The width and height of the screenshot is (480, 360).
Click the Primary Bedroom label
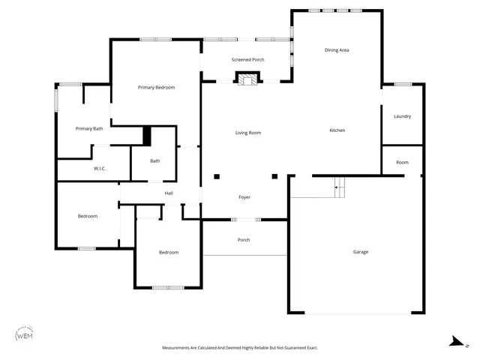156,88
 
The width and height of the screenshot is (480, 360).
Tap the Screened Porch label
247,59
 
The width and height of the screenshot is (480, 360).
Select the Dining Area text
337,50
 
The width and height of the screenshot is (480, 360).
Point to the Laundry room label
402,116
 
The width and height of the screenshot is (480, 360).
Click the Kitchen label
337,130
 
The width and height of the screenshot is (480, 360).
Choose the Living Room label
248,133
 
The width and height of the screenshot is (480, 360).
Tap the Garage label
361,252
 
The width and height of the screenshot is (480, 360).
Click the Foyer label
244,197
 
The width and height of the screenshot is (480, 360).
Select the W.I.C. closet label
100,169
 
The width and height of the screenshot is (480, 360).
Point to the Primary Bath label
89,129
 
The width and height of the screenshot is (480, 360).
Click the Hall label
169,193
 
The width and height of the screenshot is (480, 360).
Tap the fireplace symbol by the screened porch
247,78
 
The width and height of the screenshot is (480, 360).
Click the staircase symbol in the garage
340,186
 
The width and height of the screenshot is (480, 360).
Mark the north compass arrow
454,342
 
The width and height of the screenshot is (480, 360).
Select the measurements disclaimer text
241,348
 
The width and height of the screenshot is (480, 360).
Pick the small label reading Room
402,163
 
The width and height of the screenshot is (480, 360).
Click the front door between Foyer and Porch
245,220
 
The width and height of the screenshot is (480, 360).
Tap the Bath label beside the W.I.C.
154,160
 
